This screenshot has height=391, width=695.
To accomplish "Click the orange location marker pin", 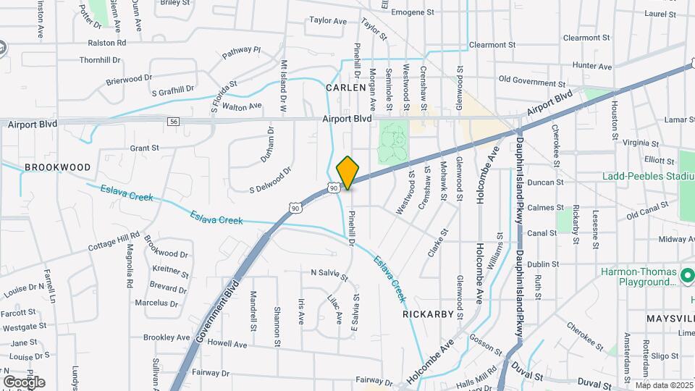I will point(347,172).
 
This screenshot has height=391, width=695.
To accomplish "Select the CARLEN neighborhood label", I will point(346,88).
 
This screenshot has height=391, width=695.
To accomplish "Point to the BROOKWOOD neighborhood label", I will point(58,167).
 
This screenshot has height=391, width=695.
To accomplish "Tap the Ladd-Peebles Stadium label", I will point(647,176).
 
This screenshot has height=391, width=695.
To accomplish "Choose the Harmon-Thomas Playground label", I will point(639,277).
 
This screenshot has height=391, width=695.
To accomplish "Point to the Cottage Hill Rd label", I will point(114,241).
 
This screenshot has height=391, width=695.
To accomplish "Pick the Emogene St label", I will point(412,12).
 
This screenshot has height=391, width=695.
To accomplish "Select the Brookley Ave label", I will point(167,337).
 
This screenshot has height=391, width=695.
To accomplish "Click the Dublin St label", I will point(543,264).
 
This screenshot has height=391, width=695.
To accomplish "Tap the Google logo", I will point(24,382).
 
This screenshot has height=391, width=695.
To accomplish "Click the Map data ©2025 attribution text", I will point(663,385).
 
